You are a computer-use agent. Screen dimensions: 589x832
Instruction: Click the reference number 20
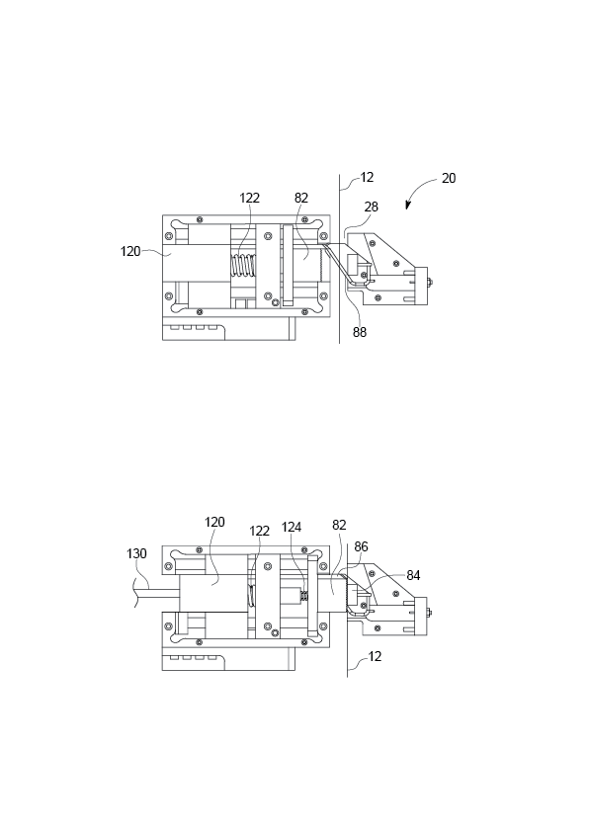[x=449, y=178]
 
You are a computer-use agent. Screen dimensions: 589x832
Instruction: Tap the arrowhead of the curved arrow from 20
[x=408, y=206]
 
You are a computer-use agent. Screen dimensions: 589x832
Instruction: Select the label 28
[x=371, y=207]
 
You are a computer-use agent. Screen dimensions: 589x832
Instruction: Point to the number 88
[x=360, y=332]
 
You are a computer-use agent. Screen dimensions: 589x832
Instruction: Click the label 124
[x=292, y=527]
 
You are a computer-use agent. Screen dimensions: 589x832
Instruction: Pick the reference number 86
[x=361, y=546]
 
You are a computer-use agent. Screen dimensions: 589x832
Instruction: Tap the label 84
[x=413, y=575]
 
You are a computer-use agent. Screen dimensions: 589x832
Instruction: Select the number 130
[x=136, y=554]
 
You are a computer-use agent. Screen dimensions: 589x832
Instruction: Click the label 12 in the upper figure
[x=367, y=177]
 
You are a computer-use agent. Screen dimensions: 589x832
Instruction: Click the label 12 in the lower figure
[x=375, y=656]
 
